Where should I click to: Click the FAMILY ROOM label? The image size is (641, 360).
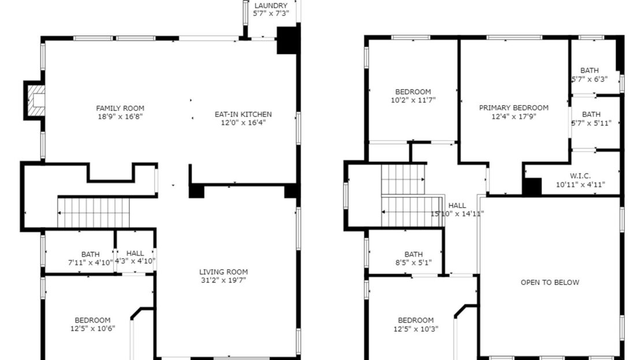coord(120,108)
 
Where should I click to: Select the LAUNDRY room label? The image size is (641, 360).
coord(271,5)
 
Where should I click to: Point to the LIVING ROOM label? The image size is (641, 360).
coord(223,272)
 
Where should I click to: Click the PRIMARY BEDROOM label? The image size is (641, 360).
coord(514,107)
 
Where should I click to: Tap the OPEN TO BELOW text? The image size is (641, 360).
coord(550,283)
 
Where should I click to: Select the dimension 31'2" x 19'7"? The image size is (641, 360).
coord(223,281)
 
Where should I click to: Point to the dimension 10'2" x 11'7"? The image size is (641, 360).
coord(413,100)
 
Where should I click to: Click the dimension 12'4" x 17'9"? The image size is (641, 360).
coord(514,116)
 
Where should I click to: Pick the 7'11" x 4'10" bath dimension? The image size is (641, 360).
coord(90,262)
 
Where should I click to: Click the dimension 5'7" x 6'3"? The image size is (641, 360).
coord(590,79)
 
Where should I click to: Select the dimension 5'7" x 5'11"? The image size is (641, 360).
coord(591,123)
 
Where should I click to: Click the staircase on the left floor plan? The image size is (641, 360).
coord(94,212)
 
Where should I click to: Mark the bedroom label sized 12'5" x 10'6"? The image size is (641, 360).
coord(92,320)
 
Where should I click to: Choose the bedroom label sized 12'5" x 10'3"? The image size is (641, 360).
coord(416,320)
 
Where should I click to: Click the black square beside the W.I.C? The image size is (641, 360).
coord(531,187)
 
